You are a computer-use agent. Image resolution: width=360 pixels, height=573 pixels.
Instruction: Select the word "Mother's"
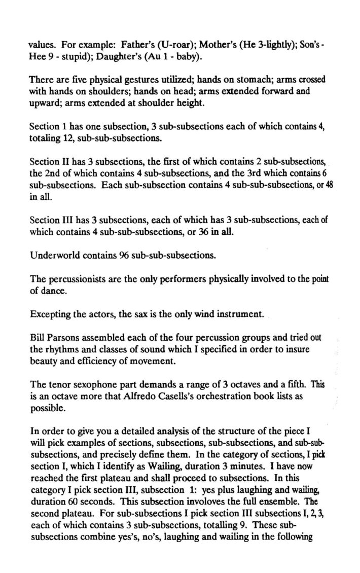190,45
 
